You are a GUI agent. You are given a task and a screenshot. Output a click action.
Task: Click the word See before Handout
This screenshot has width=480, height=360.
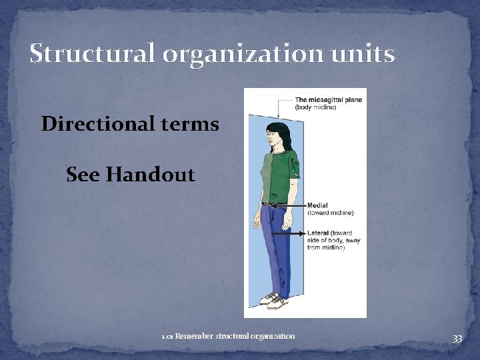(83, 175)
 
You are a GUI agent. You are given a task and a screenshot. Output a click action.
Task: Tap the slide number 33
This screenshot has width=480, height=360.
(457, 339)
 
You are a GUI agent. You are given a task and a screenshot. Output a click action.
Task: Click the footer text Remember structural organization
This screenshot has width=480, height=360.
(235, 336)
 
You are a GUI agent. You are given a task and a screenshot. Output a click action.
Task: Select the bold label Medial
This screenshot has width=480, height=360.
(317, 205)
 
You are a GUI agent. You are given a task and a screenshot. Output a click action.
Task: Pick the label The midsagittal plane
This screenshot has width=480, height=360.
(329, 100)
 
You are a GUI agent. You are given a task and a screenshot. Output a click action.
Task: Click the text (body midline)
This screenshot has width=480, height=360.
(316, 107)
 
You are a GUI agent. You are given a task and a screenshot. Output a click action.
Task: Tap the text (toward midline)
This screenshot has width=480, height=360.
(331, 213)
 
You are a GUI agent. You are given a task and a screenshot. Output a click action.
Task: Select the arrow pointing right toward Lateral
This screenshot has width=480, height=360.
(293, 234)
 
